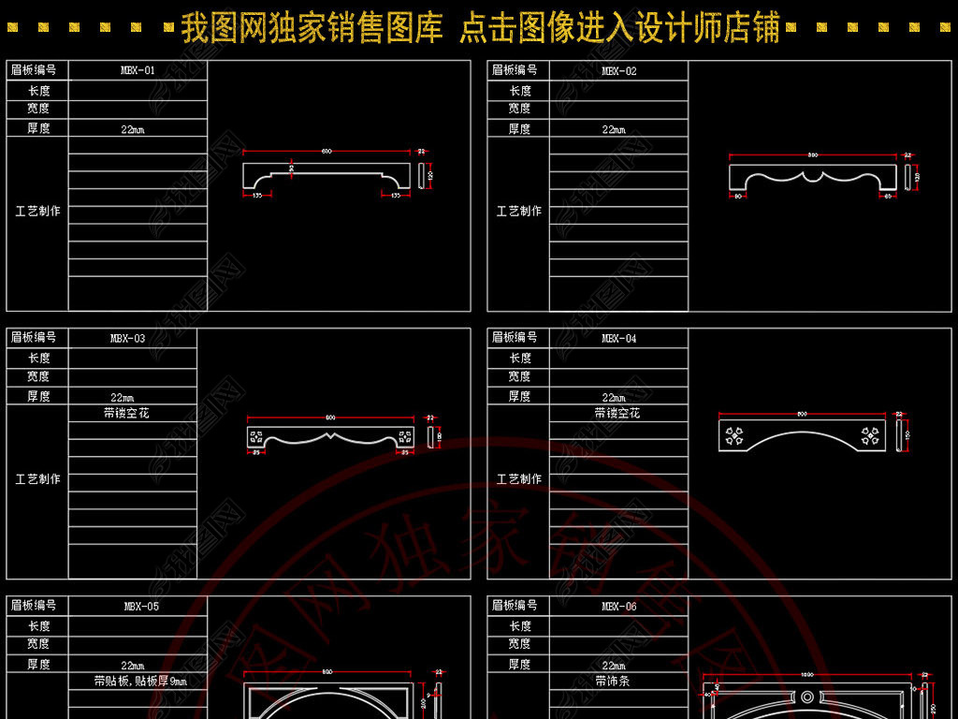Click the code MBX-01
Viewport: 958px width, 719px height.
[x=138, y=70]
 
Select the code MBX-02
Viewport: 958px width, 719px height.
[x=618, y=71]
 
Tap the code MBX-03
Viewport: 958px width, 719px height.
[x=127, y=338]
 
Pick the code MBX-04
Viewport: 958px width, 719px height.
[x=618, y=338]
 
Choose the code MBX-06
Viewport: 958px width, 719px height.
[x=618, y=606]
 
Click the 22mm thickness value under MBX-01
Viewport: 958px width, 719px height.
[x=133, y=129]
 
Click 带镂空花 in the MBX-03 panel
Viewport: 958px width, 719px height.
[x=126, y=413]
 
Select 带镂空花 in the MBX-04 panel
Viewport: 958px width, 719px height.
[x=617, y=413]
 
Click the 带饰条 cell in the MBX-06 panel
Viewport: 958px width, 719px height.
[x=613, y=681]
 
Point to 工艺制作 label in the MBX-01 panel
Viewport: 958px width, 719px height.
[x=37, y=211]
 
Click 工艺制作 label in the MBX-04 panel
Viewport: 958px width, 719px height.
[x=518, y=478]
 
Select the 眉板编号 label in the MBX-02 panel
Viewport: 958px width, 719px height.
[x=515, y=70]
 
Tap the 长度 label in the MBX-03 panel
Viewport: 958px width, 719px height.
[x=38, y=358]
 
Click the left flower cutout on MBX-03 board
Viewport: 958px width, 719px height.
[x=256, y=436]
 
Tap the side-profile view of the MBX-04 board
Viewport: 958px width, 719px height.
[x=899, y=435]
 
